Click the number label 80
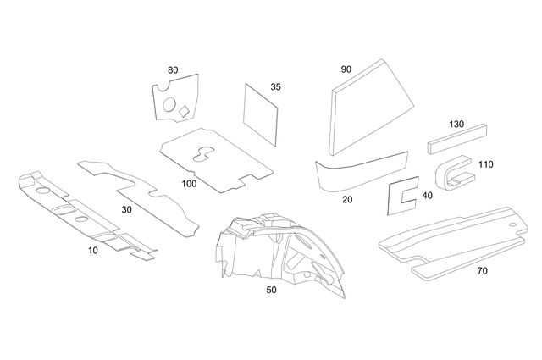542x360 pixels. (x=173, y=69)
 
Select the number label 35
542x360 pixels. (x=275, y=87)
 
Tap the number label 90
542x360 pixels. (x=346, y=69)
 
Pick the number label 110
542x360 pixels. (x=485, y=164)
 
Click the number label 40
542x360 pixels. (x=426, y=196)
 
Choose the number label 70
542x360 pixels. (x=482, y=271)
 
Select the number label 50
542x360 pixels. (x=271, y=289)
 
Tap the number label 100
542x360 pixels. (x=189, y=183)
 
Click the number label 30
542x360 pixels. (x=127, y=209)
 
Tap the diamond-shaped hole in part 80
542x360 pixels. (x=185, y=110)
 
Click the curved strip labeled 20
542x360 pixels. (x=360, y=173)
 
